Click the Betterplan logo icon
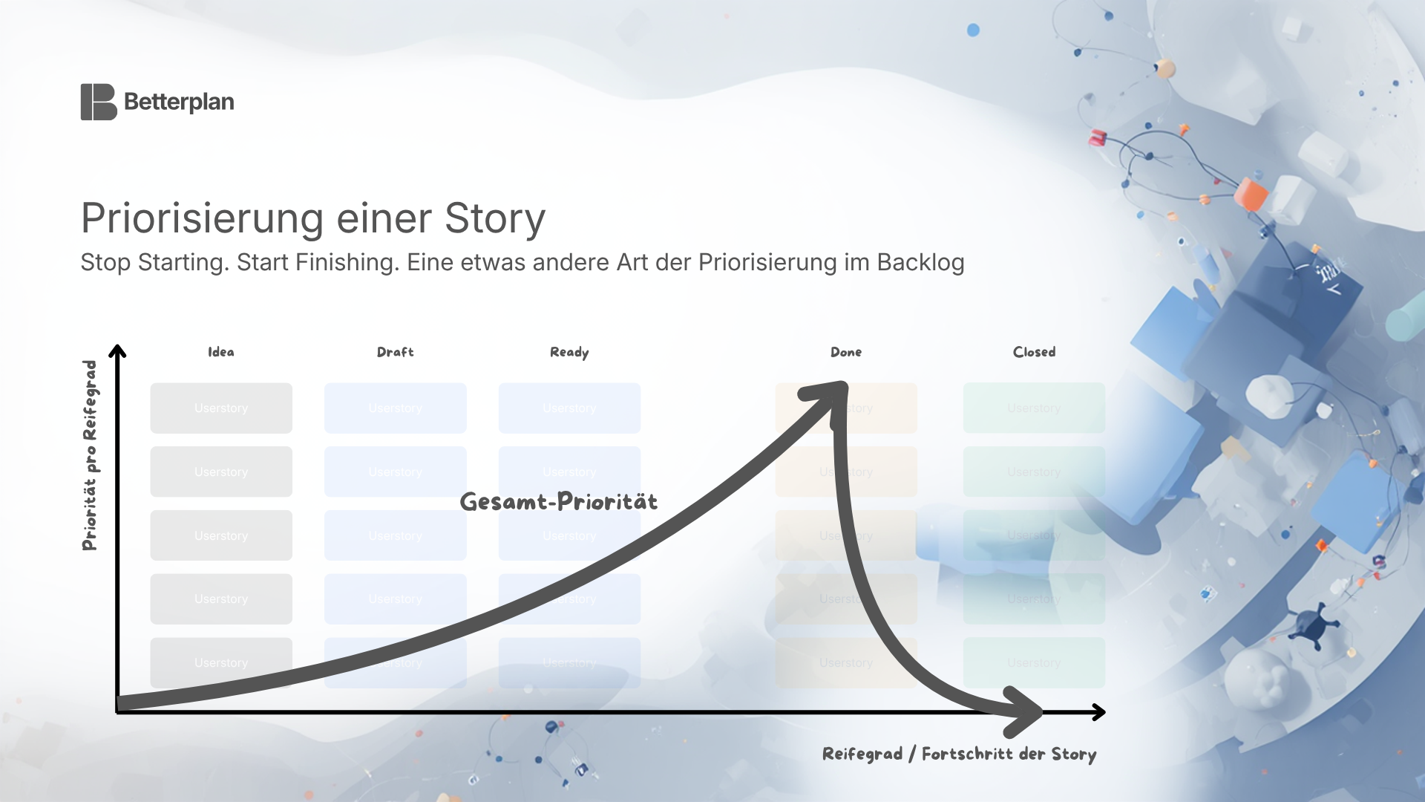pyautogui.click(x=98, y=102)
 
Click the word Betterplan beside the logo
pyautogui.click(x=179, y=102)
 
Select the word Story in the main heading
pyautogui.click(x=494, y=218)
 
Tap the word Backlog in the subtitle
pyautogui.click(x=920, y=262)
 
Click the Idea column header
pyautogui.click(x=221, y=352)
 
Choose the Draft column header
pyautogui.click(x=395, y=352)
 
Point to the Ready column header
pyautogui.click(x=569, y=352)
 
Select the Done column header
pyautogui.click(x=846, y=352)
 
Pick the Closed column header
pyautogui.click(x=1034, y=352)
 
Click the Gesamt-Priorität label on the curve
pyautogui.click(x=559, y=502)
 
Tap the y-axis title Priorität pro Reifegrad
pyautogui.click(x=90, y=455)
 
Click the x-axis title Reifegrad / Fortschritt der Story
pyautogui.click(x=959, y=754)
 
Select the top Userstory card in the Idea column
pyautogui.click(x=221, y=408)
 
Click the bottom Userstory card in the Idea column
pyautogui.click(x=221, y=662)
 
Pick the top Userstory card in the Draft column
pyautogui.click(x=395, y=408)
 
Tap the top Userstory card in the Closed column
pyautogui.click(x=1034, y=408)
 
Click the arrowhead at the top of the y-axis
pyautogui.click(x=117, y=351)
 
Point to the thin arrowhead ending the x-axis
pyautogui.click(x=1099, y=712)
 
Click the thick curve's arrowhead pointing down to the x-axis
pyautogui.click(x=1024, y=711)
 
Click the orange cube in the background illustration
pyautogui.click(x=1251, y=194)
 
